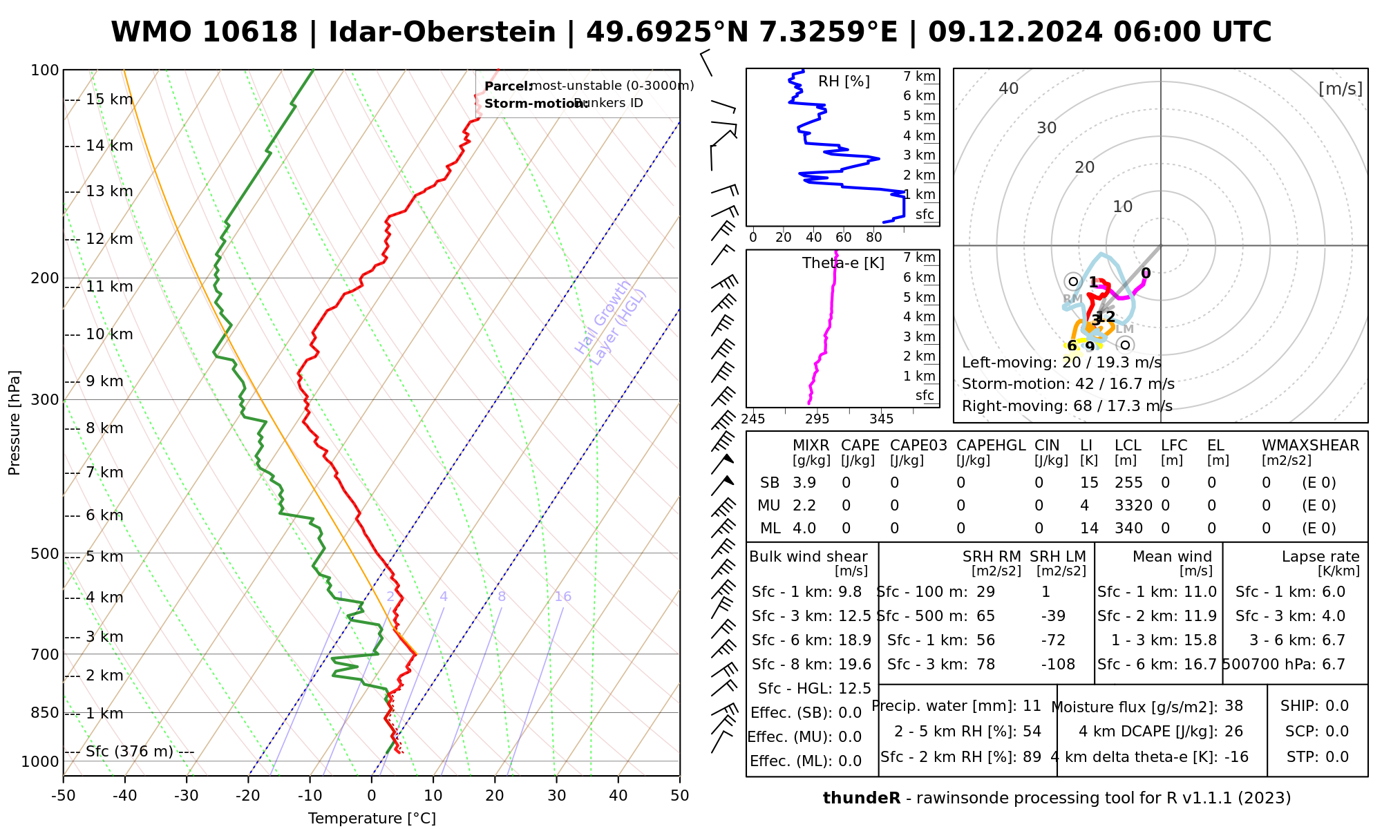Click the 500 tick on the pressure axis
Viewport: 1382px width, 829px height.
tap(45, 554)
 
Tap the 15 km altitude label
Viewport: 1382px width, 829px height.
tap(109, 99)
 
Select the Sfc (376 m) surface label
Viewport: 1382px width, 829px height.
tap(129, 752)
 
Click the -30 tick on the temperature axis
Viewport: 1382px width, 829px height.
tap(187, 796)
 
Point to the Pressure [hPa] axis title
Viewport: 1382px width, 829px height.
tap(15, 423)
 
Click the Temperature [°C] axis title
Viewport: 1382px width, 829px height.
tap(372, 819)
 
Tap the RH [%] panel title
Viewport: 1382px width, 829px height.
tap(844, 82)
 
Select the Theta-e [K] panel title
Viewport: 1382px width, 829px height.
tap(843, 263)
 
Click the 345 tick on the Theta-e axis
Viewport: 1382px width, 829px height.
tap(881, 419)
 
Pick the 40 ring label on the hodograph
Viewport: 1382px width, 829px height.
tap(1009, 88)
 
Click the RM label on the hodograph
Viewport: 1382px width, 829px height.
tap(1072, 299)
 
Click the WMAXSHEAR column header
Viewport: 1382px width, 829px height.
tap(1310, 446)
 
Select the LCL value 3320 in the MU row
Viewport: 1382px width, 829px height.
tap(1133, 506)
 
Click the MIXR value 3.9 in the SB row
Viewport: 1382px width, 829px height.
tap(804, 483)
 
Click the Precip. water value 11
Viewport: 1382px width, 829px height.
tap(1032, 706)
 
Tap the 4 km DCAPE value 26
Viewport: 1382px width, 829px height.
tap(1233, 732)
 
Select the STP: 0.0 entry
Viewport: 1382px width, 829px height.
tap(1317, 757)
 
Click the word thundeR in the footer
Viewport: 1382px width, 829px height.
tap(862, 799)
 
